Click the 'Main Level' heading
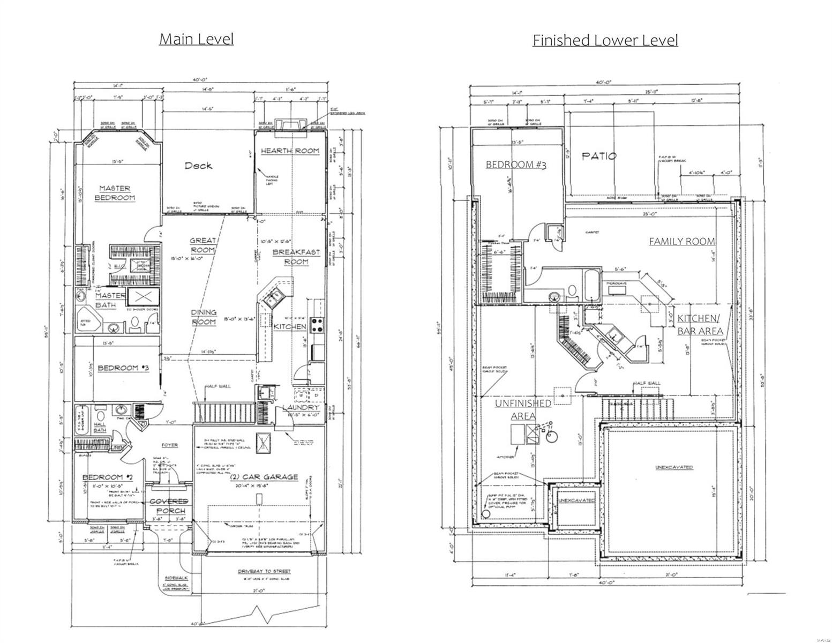click(x=196, y=39)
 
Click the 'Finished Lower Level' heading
click(x=605, y=40)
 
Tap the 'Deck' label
click(x=198, y=166)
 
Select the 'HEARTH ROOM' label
click(x=290, y=151)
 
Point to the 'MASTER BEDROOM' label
click(x=115, y=193)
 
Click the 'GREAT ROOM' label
click(x=203, y=245)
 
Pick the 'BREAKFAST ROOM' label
click(x=296, y=257)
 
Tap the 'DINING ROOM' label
click(x=204, y=317)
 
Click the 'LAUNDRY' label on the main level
click(x=301, y=408)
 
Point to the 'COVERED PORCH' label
click(x=169, y=506)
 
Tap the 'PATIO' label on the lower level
click(x=599, y=156)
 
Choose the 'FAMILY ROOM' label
click(x=681, y=242)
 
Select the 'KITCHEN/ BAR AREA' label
click(x=700, y=324)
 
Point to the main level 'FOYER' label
click(x=170, y=445)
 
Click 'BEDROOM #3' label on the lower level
click(x=515, y=165)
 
